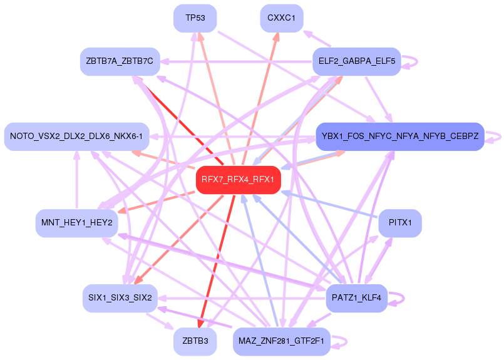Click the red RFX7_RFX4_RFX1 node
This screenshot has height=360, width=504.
(238, 180)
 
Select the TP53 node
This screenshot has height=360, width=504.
(195, 18)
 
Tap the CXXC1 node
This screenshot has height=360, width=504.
(281, 18)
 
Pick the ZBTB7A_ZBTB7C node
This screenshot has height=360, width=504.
(121, 61)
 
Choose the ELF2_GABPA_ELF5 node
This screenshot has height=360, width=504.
(356, 61)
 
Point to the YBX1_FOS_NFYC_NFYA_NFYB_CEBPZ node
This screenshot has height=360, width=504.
(400, 136)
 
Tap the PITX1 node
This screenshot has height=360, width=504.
(400, 222)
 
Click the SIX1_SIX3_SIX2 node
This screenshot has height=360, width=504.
(120, 298)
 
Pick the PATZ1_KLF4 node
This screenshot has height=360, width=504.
(357, 298)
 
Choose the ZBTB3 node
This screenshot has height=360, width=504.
(195, 342)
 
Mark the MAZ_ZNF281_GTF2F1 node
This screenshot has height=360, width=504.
(281, 342)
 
